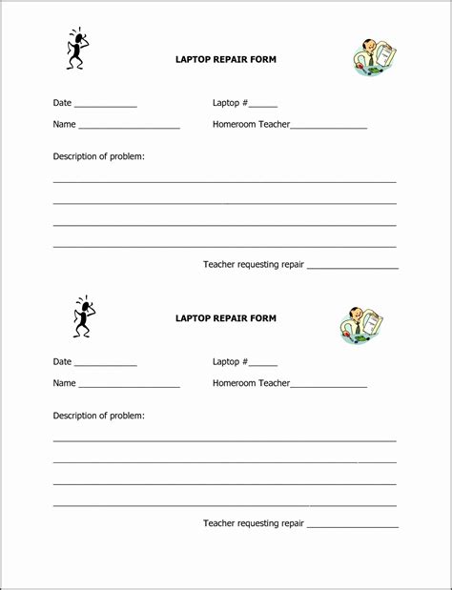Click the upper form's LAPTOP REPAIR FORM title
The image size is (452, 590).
(225, 59)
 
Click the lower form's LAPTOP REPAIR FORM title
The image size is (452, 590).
(225, 318)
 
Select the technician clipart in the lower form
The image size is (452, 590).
(361, 325)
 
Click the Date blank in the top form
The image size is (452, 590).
(105, 106)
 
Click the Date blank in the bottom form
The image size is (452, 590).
(105, 365)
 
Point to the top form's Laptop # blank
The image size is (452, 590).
(264, 106)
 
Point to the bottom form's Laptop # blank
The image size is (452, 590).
(264, 365)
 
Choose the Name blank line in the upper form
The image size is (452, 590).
(129, 128)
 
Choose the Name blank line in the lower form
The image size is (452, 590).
(129, 387)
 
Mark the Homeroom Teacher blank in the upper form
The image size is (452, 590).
(329, 128)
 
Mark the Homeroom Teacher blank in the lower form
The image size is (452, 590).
(329, 387)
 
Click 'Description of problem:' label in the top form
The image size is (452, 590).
(98, 156)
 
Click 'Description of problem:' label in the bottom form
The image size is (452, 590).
(98, 416)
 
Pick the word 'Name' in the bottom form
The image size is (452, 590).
(64, 383)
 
